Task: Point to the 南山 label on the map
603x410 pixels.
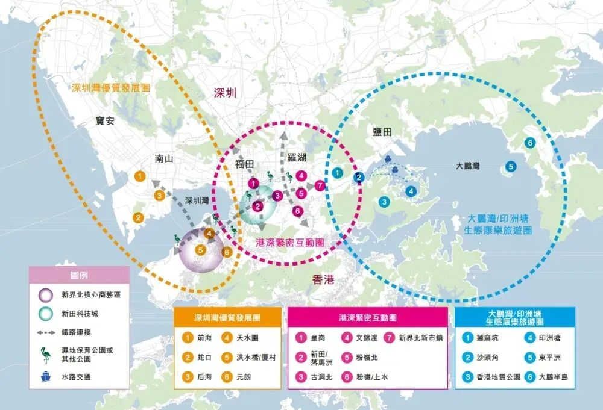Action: pos(163,159)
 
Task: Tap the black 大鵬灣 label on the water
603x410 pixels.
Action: pos(468,165)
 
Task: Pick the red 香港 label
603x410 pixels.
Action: pos(323,280)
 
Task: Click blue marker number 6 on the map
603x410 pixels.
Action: pos(529,143)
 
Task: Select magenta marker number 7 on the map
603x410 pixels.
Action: pos(320,186)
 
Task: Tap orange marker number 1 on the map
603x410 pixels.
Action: pos(140,176)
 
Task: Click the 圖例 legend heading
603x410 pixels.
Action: pos(79,275)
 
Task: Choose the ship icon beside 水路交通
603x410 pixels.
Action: pos(45,377)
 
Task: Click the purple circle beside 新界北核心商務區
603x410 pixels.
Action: pos(45,295)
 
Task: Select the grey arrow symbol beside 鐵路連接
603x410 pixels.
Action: pos(45,332)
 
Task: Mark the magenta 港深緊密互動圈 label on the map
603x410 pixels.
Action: pos(289,242)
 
